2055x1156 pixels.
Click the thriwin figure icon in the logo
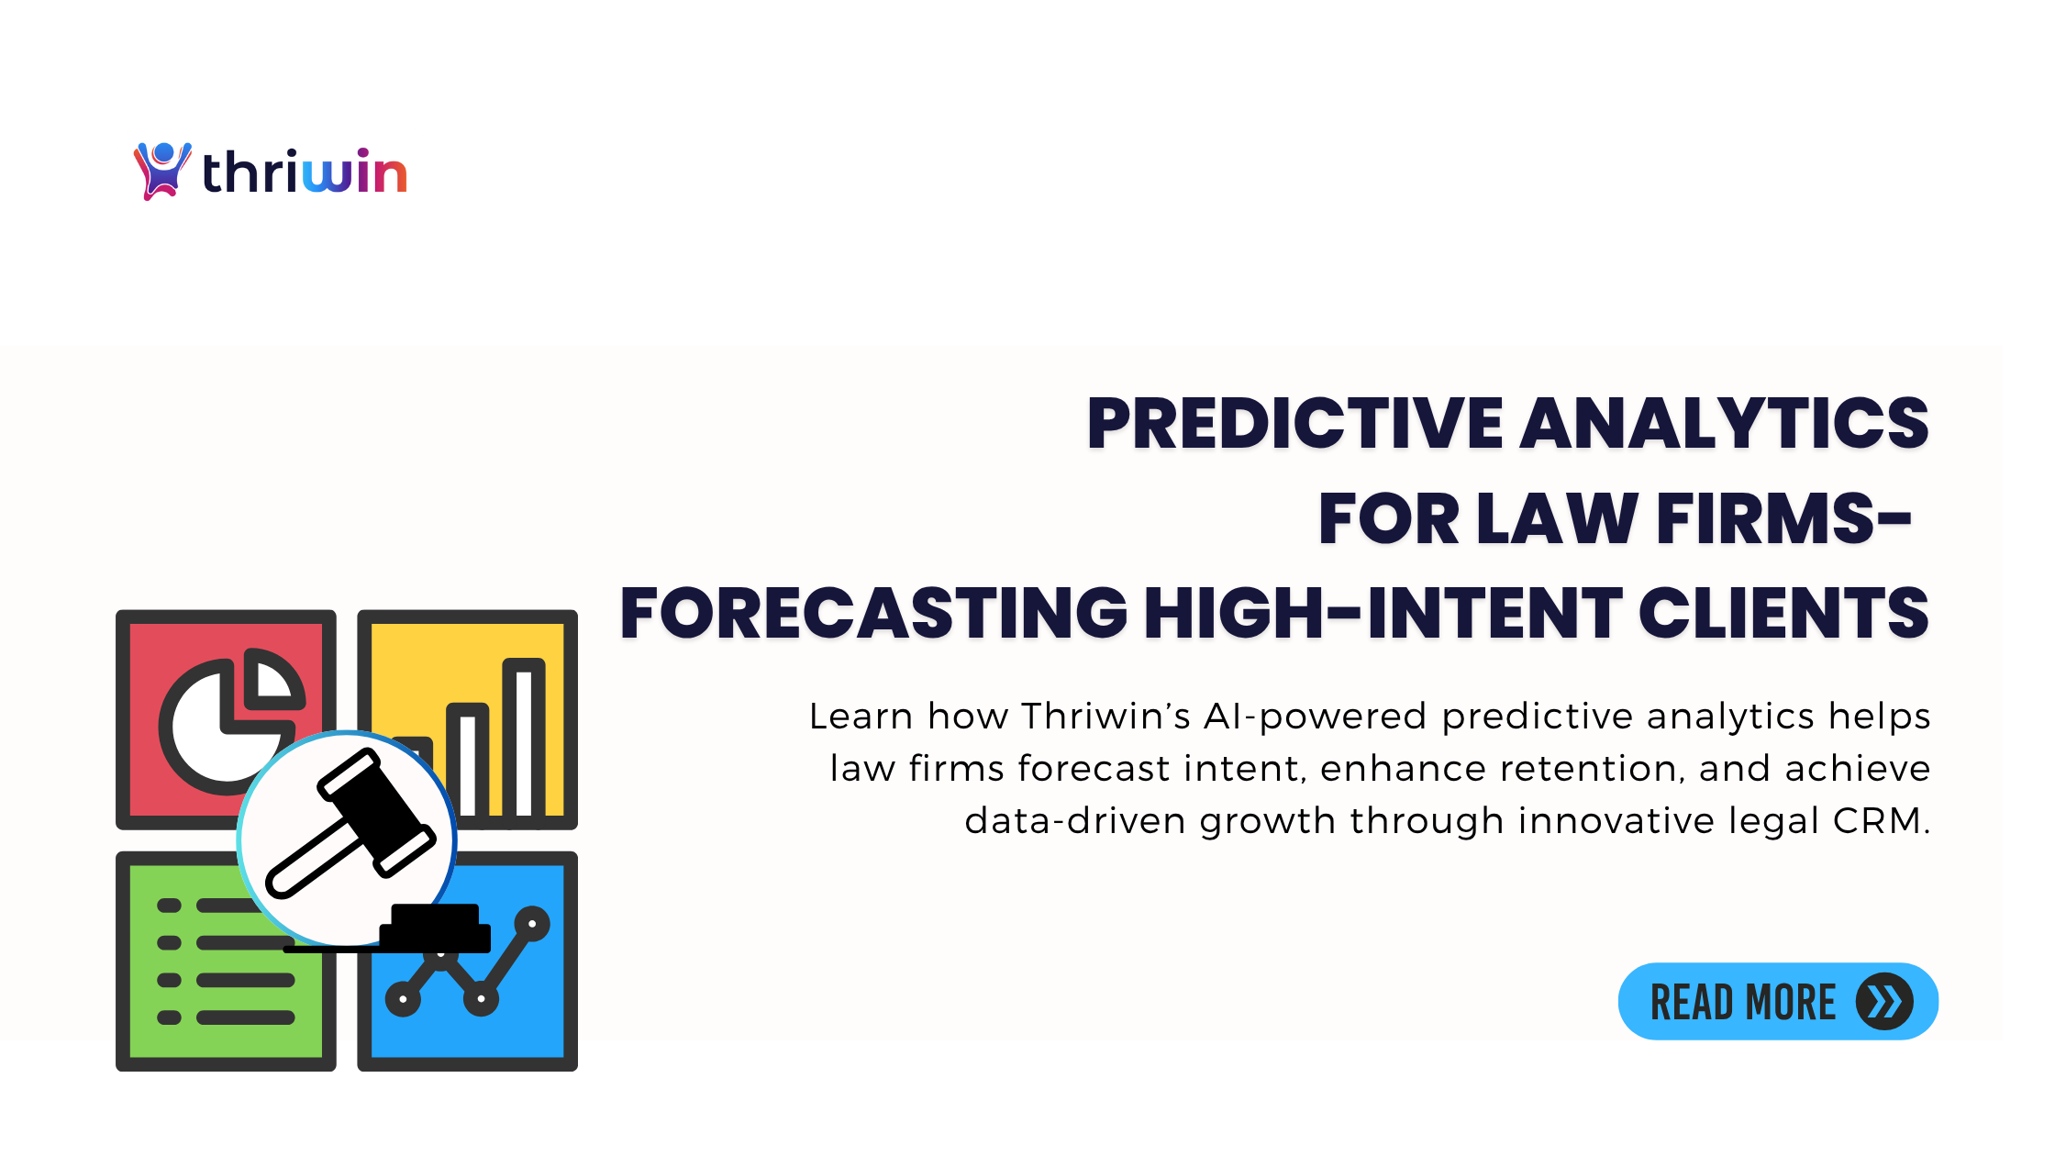pyautogui.click(x=162, y=171)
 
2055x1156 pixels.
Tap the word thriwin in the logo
pyautogui.click(x=305, y=172)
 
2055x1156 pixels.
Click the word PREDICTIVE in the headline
pyautogui.click(x=1294, y=423)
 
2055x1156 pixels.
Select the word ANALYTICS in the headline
pyautogui.click(x=1725, y=423)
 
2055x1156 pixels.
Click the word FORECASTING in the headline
pyautogui.click(x=873, y=613)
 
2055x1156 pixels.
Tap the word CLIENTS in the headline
pyautogui.click(x=1783, y=613)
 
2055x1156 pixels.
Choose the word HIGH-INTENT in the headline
pyautogui.click(x=1383, y=613)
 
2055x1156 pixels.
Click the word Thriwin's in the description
pyautogui.click(x=1105, y=717)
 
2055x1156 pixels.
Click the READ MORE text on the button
pyautogui.click(x=1743, y=1002)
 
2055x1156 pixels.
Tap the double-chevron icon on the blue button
pyautogui.click(x=1884, y=1002)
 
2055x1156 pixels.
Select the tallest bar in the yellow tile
pyautogui.click(x=524, y=738)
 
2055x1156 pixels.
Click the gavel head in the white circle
pyautogui.click(x=376, y=812)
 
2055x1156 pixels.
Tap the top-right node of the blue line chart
pyautogui.click(x=532, y=924)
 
